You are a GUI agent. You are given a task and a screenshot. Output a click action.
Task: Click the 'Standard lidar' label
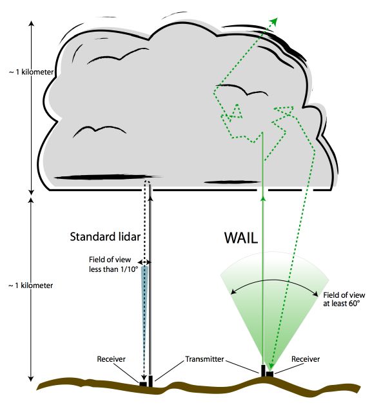pos(105,237)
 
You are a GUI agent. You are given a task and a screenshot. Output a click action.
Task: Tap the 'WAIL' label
pos(241,238)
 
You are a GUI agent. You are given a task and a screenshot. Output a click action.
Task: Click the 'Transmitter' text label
pos(204,359)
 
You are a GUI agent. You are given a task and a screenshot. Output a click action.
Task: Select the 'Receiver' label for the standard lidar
pos(111,359)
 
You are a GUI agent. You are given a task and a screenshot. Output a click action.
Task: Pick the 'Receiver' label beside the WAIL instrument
pos(306,359)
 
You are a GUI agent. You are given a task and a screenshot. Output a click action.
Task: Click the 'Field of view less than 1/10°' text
pos(113,264)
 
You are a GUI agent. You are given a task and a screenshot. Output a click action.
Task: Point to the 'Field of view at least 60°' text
pos(344,299)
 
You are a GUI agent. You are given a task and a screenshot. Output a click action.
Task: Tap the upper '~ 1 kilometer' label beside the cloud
pos(32,72)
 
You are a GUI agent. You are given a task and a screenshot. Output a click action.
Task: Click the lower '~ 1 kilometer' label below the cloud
pos(31,286)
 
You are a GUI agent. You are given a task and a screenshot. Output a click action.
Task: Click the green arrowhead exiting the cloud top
pos(274,21)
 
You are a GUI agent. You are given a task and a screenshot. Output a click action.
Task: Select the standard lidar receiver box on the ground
pos(143,384)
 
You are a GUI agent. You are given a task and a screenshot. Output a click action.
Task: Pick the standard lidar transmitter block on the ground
pos(151,382)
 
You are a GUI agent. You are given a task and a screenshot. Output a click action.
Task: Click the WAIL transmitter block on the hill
pos(263,371)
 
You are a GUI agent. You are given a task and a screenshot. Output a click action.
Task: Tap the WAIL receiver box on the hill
pos(269,374)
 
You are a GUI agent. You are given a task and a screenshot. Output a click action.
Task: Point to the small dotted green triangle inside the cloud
pos(235,112)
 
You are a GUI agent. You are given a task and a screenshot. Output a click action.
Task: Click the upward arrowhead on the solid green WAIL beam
pos(263,198)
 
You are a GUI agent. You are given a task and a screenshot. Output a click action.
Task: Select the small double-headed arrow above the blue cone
pos(145,262)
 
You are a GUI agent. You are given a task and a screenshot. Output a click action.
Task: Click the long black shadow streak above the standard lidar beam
pos(108,178)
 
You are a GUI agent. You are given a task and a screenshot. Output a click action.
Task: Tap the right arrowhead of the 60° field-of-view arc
pos(315,294)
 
